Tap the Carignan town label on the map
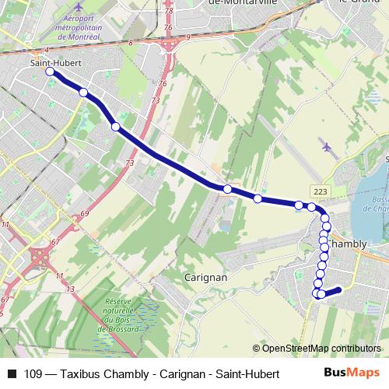205,277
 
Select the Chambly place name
348,244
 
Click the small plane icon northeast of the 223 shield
325,145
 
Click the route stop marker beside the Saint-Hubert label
50,72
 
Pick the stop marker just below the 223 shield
312,207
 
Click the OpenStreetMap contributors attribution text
317,349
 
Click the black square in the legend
11,374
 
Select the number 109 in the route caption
33,374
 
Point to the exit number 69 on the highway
84,214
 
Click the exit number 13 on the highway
70,289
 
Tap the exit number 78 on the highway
169,11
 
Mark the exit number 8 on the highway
131,43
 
